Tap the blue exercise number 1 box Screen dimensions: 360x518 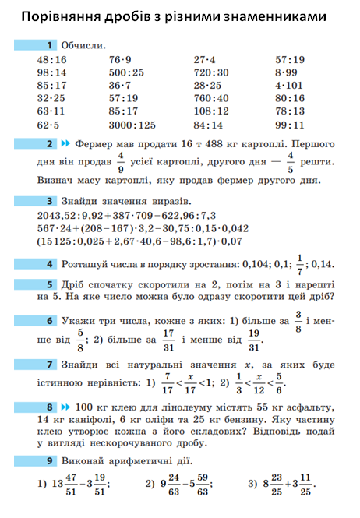(x=50, y=47)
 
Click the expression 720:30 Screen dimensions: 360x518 (x=211, y=72)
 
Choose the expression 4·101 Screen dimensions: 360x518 (x=289, y=86)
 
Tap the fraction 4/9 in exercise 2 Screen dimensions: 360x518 (x=121, y=163)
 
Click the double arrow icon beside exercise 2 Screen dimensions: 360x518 (x=66, y=145)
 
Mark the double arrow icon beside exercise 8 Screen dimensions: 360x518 (x=66, y=406)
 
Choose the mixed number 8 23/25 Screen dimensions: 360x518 (x=273, y=484)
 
